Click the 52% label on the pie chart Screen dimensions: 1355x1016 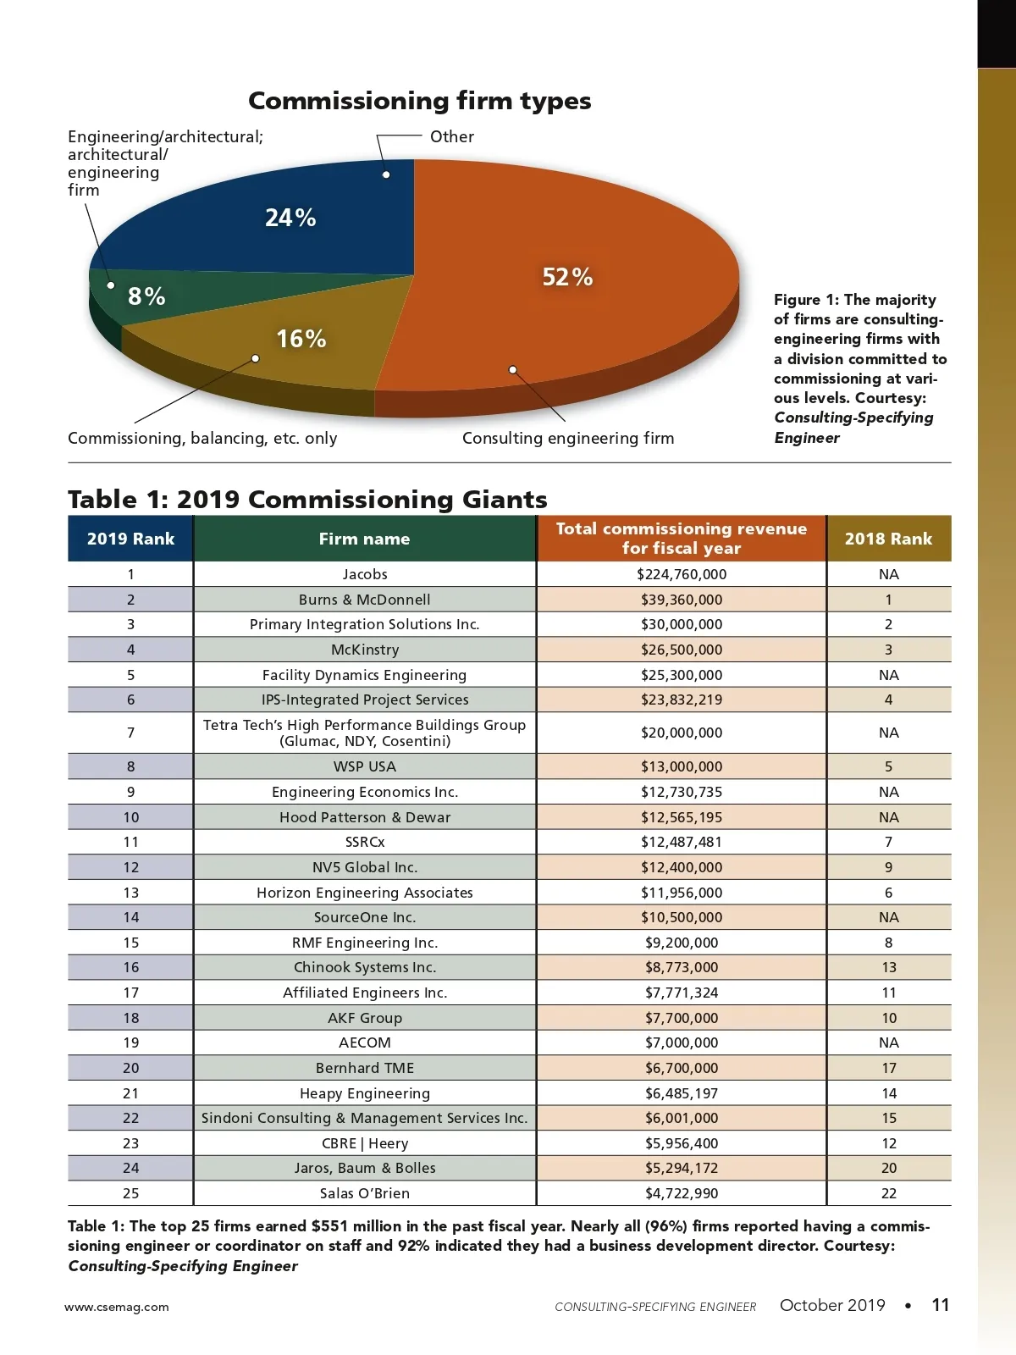567,277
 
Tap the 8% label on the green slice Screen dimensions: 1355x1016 146,296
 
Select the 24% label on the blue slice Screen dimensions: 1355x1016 290,218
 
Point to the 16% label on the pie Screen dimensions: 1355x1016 301,339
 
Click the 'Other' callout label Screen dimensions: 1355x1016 451,136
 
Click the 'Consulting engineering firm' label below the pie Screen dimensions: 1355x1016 568,438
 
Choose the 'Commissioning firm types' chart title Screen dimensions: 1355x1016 419,101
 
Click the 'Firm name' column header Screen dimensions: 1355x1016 364,539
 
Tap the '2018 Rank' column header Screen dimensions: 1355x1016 888,539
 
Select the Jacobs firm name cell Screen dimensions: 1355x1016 365,574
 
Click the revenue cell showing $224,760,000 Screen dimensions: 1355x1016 682,574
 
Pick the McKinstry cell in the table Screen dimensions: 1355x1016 365,650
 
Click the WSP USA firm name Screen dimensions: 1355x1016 365,766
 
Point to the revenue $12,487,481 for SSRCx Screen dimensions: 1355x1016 682,842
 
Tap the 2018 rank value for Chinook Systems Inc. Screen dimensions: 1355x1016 889,967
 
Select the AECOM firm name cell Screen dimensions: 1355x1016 365,1043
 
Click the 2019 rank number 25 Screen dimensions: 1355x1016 130,1193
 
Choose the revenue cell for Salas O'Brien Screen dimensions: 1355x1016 682,1193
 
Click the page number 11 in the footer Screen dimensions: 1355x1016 940,1305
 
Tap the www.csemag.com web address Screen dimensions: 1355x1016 117,1307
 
